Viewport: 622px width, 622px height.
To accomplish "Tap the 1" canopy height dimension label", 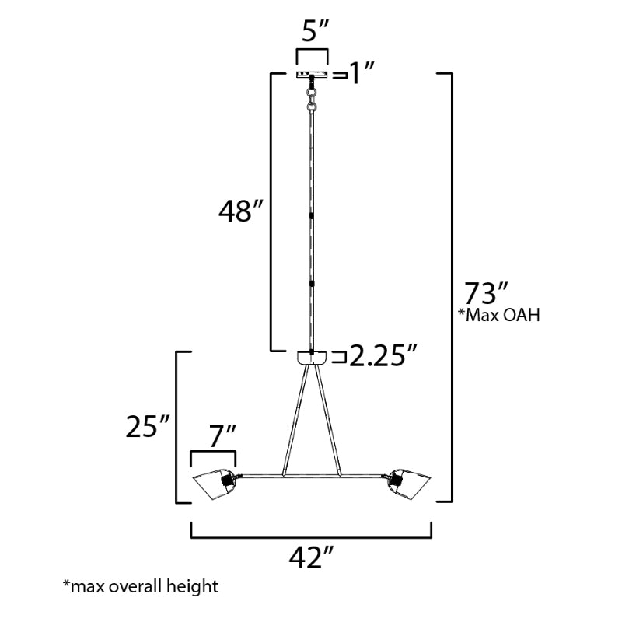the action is [361, 73].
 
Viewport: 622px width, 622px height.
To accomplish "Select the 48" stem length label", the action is [241, 211].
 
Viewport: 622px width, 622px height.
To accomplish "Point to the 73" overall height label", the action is [486, 293].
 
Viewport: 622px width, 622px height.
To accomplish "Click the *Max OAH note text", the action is [499, 316].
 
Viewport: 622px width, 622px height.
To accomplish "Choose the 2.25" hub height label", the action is [383, 355].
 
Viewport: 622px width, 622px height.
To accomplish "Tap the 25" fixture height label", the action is [148, 427].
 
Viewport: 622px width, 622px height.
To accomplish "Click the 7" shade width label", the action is [223, 436].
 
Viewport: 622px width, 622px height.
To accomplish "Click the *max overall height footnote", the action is [141, 586].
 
